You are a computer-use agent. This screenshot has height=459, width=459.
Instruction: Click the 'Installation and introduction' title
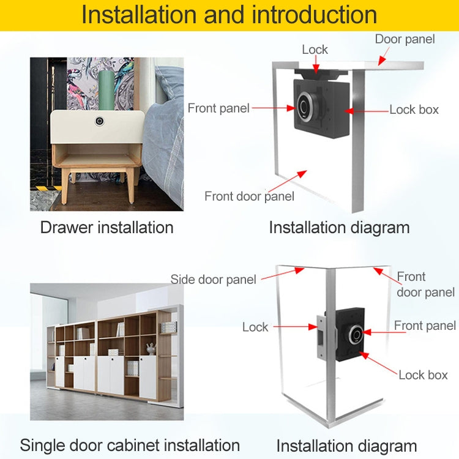229,15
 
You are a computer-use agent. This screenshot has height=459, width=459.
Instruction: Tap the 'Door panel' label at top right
405,39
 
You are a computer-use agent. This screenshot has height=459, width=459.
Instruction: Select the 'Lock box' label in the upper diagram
414,110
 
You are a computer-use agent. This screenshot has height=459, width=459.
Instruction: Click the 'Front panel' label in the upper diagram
218,108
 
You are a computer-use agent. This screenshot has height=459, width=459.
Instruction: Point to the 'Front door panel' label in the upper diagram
249,196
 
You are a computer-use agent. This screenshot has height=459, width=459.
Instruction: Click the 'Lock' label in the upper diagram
315,50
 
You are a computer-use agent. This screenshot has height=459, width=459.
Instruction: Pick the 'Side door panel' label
213,280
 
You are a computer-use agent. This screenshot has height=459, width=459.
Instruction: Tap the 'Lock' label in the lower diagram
255,327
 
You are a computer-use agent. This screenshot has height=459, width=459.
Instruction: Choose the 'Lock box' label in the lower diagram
423,375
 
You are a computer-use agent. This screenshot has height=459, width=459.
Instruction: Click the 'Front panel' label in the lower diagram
425,326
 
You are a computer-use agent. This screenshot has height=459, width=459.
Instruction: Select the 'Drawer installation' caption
107,228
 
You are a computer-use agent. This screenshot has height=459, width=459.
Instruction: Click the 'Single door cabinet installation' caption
130,445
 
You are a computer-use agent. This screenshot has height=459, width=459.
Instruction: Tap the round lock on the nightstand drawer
99,122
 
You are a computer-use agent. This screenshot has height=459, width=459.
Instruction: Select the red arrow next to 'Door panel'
382,58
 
